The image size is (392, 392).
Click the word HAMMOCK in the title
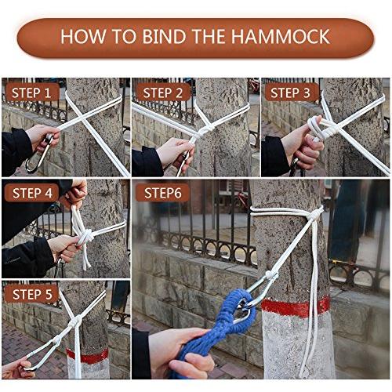pyautogui.click(x=281, y=37)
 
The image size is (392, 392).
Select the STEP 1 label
pyautogui.click(x=31, y=93)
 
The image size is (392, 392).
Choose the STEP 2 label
pyautogui.click(x=162, y=93)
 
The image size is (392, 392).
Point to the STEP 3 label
pyautogui.click(x=290, y=93)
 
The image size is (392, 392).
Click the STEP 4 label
pyautogui.click(x=32, y=194)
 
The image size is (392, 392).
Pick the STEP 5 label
pyautogui.click(x=32, y=295)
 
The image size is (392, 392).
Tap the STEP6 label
pyautogui.click(x=162, y=194)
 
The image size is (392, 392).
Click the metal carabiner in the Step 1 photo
pyautogui.click(x=39, y=154)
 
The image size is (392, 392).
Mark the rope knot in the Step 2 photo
pyautogui.click(x=206, y=130)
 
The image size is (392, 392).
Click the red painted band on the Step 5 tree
pyautogui.click(x=88, y=356)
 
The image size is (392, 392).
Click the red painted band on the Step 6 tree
pyautogui.click(x=296, y=308)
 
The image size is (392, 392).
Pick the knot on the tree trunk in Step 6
pyautogui.click(x=315, y=215)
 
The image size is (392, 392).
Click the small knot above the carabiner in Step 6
pyautogui.click(x=272, y=275)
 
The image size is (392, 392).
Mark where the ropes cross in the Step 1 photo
pyautogui.click(x=84, y=120)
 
